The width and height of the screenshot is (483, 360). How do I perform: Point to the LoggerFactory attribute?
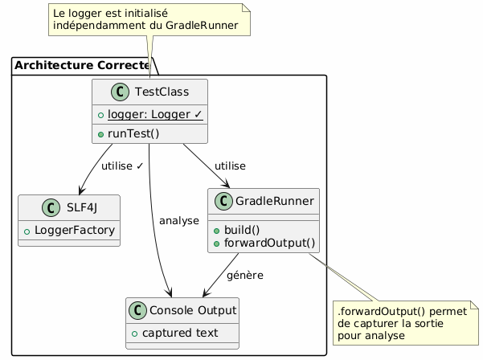[x=74, y=231]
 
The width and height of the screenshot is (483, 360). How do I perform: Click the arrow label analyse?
[x=179, y=220]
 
